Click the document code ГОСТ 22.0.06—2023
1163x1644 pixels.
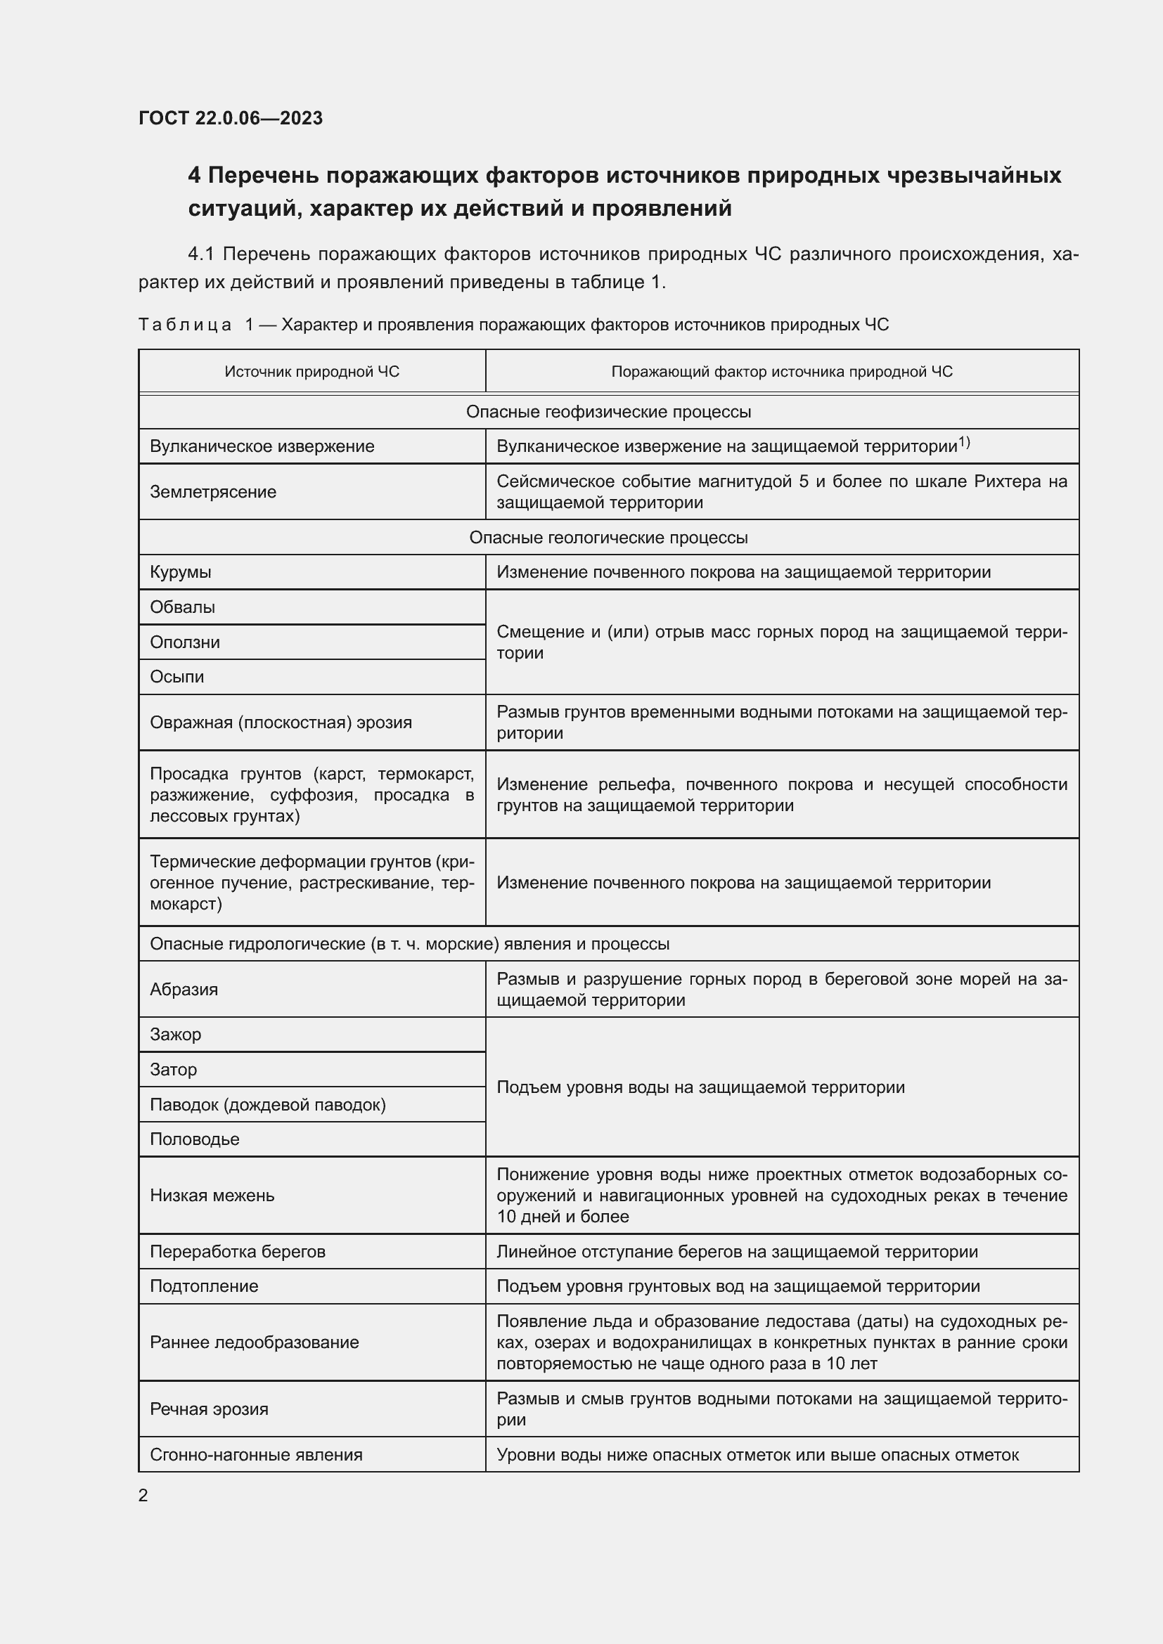tap(231, 118)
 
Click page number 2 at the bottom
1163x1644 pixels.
tap(143, 1496)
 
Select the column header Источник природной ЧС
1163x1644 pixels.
tap(311, 372)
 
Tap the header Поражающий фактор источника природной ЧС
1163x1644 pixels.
tap(781, 372)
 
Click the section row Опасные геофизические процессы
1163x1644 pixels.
tap(608, 412)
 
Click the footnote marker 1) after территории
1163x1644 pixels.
tap(964, 444)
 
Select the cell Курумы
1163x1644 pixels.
tap(181, 572)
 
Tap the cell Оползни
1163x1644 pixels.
tap(185, 642)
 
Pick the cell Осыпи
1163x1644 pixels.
tap(177, 677)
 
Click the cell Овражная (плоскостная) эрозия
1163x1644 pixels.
tap(281, 723)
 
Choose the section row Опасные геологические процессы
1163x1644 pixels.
tap(608, 538)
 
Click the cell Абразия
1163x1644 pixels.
tap(184, 990)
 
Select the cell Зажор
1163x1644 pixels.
tap(176, 1035)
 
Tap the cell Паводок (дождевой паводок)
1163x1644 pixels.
tap(268, 1105)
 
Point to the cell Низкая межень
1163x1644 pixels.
tap(212, 1195)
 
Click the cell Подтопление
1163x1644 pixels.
tap(203, 1286)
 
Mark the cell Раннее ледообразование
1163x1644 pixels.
tap(255, 1342)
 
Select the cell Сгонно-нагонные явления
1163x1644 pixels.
tap(256, 1455)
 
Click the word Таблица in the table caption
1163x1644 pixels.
tap(185, 325)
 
